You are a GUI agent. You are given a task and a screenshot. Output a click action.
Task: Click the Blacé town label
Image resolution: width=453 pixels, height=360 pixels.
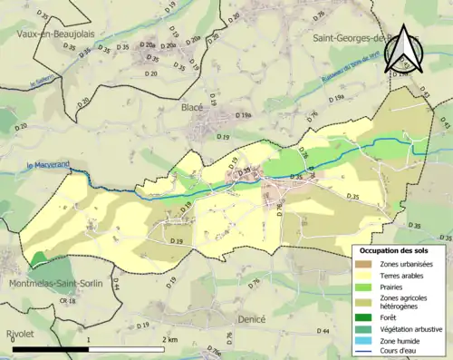pyautogui.click(x=192, y=107)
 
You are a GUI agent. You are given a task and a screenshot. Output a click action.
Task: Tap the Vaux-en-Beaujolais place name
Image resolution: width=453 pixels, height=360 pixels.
pyautogui.click(x=56, y=34)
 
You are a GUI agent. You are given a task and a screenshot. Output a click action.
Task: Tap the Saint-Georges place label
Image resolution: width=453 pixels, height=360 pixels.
pyautogui.click(x=349, y=39)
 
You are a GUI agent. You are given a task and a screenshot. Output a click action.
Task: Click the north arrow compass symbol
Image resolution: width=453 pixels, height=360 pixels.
pyautogui.click(x=404, y=48)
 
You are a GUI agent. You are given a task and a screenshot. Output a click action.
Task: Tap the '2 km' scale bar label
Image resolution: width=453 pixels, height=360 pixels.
pyautogui.click(x=169, y=339)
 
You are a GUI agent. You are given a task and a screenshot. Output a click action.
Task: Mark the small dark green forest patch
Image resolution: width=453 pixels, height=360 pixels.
pyautogui.click(x=37, y=259)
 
